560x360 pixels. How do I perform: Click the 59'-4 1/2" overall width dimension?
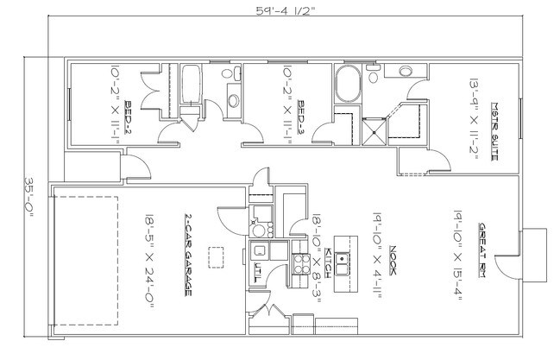(x=283, y=10)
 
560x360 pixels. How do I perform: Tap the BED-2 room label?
(x=128, y=111)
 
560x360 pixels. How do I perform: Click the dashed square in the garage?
(x=217, y=257)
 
